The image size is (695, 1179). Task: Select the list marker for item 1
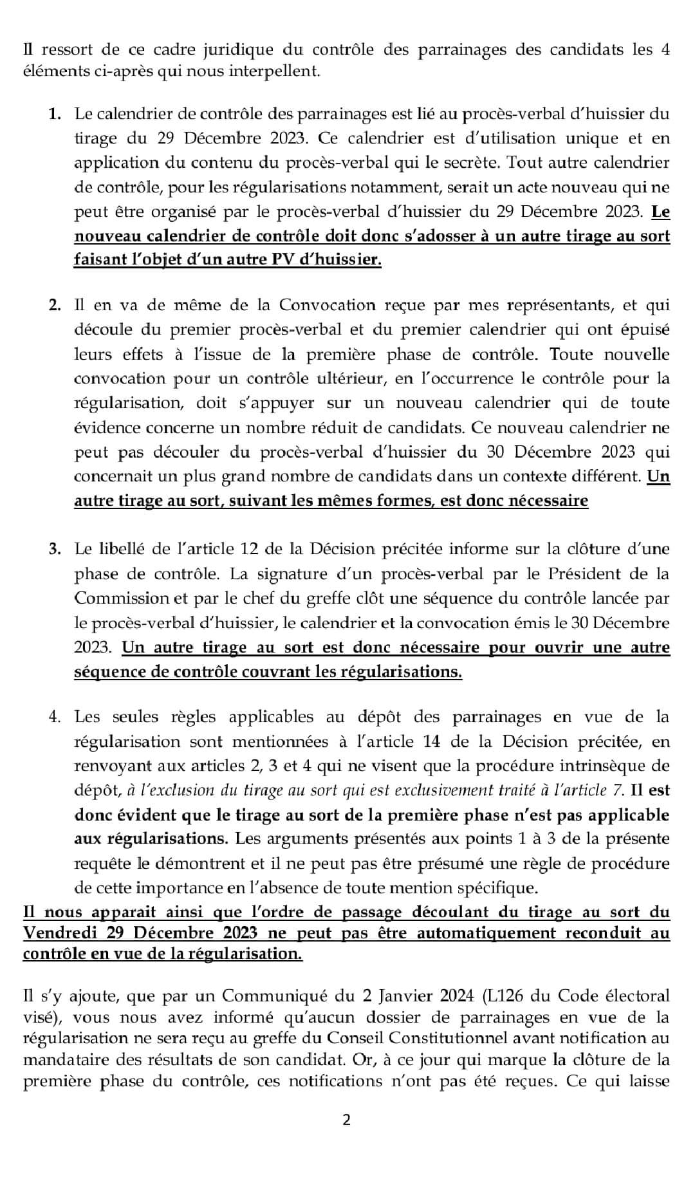[55, 115]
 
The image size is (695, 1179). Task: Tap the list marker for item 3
[55, 549]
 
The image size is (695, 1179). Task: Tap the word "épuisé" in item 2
[644, 330]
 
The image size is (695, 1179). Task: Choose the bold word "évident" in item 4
[138, 815]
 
